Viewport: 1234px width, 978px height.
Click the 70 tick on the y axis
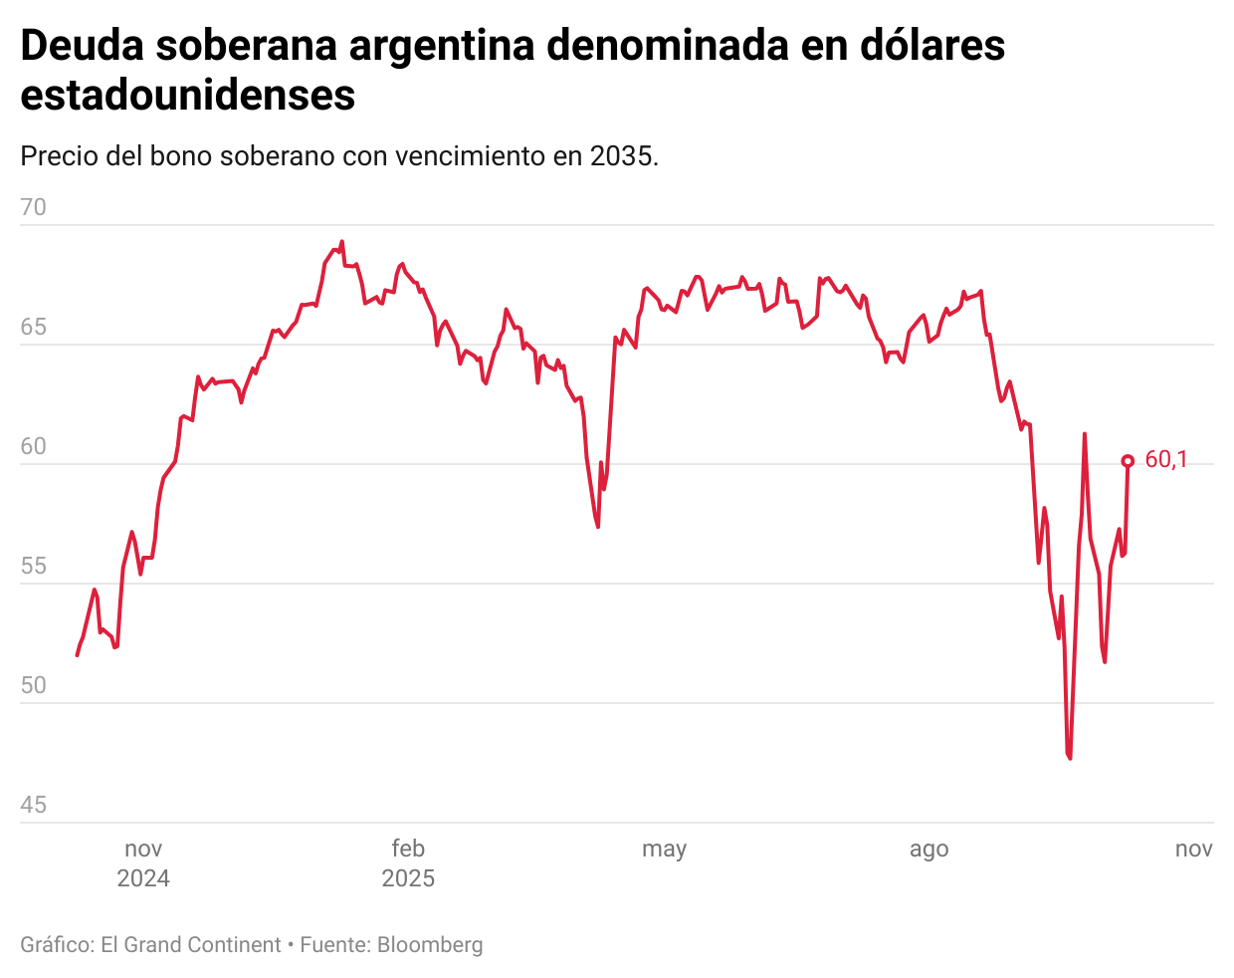tap(34, 207)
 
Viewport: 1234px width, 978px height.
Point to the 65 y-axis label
tap(34, 327)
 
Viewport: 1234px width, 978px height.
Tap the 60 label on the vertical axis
tap(34, 446)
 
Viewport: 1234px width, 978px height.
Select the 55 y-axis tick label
tap(34, 566)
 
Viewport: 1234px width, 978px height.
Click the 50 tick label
tap(34, 685)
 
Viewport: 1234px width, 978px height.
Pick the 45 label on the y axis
tap(34, 805)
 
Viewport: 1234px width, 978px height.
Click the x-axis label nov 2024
tap(143, 862)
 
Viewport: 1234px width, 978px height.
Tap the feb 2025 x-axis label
tap(408, 862)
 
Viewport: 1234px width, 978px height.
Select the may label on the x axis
tap(664, 850)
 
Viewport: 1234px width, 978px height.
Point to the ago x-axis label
tap(928, 850)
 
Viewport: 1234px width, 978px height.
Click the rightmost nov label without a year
tap(1193, 849)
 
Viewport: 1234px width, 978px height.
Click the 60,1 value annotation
tap(1166, 459)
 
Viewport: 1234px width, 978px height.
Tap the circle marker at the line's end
tap(1128, 460)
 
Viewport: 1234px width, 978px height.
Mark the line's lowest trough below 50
tap(1070, 758)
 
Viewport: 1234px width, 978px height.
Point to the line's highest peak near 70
tap(341, 241)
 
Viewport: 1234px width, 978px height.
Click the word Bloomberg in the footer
tap(430, 945)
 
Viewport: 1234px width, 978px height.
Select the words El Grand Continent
tap(191, 945)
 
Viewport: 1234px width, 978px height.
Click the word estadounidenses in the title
tap(188, 96)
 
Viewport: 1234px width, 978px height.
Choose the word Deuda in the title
tap(81, 46)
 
